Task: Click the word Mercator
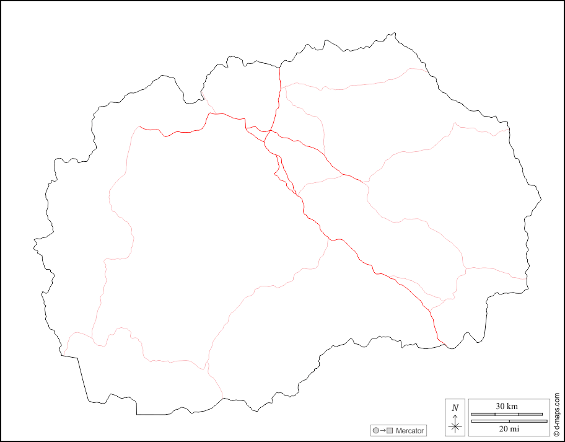coord(410,430)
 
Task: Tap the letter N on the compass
coord(455,408)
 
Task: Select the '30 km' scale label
coord(507,406)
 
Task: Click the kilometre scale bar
coord(507,414)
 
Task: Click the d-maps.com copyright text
coord(557,415)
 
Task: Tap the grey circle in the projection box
coord(376,430)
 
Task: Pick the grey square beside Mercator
coord(390,430)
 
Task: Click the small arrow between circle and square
coord(383,430)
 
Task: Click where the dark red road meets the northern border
coord(279,66)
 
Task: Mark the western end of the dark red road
coord(140,127)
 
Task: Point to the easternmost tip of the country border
coord(541,199)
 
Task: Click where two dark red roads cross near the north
coord(270,131)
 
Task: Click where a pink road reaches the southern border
coord(222,397)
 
